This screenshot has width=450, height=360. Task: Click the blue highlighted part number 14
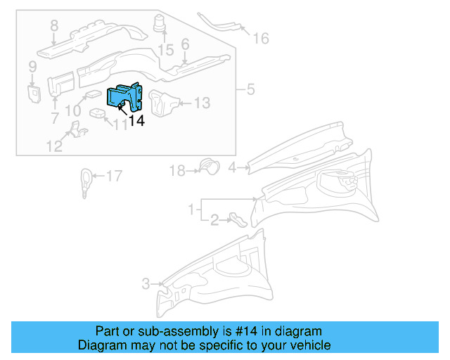point(124,98)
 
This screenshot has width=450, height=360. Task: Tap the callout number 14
point(136,121)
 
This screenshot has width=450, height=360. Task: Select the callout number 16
point(260,38)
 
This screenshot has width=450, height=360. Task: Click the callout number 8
point(53,27)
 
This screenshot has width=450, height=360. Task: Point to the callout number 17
point(114,176)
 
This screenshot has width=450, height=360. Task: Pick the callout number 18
point(176,170)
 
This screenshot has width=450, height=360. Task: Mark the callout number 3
point(146,284)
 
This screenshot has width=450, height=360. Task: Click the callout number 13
point(202,103)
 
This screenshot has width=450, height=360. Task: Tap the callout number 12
point(54,146)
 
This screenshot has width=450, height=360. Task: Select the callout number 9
point(32,67)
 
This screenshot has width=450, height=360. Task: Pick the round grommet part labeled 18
point(207,166)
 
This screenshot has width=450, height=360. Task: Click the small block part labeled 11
point(97,114)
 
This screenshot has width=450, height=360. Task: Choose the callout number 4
point(231,167)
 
